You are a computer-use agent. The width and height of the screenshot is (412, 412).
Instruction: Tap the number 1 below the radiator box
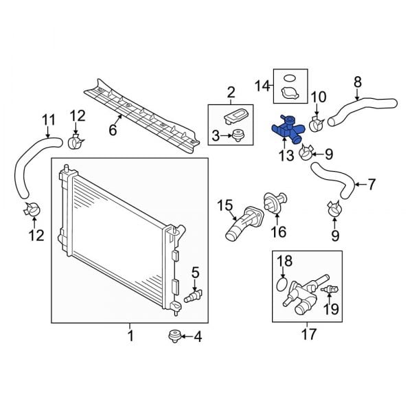point(130,336)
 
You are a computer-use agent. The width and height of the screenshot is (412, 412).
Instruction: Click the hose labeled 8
point(360,109)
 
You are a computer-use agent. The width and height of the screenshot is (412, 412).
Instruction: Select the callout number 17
point(309,334)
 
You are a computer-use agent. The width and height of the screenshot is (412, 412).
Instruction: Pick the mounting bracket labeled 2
point(237,114)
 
